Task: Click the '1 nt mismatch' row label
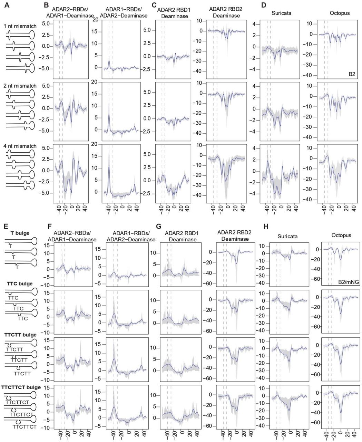point(20,26)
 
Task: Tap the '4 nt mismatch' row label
point(20,146)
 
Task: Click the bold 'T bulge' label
point(20,233)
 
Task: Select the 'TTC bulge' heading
point(20,284)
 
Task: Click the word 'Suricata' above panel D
point(280,14)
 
